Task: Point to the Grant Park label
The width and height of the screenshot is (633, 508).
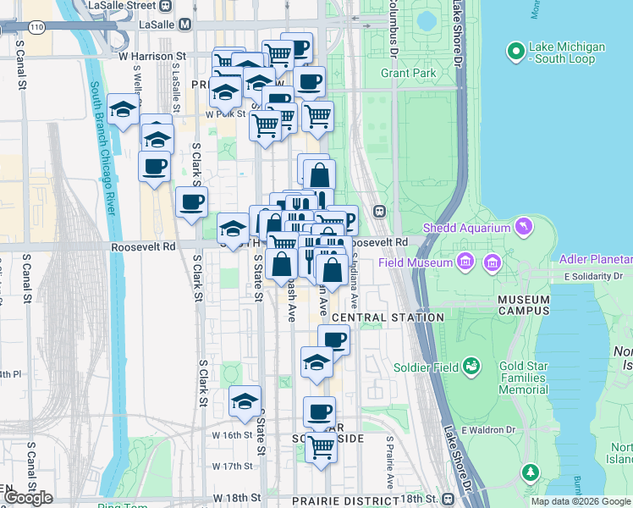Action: (408, 74)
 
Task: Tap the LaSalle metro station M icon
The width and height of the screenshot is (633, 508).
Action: (187, 25)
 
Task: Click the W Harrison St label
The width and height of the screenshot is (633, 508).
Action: (151, 57)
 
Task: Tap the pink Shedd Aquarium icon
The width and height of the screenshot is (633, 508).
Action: (524, 226)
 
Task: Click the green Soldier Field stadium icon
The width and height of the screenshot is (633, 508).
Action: (472, 367)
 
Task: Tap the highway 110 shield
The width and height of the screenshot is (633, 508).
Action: (36, 28)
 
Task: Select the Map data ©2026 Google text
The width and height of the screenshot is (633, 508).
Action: (581, 501)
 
